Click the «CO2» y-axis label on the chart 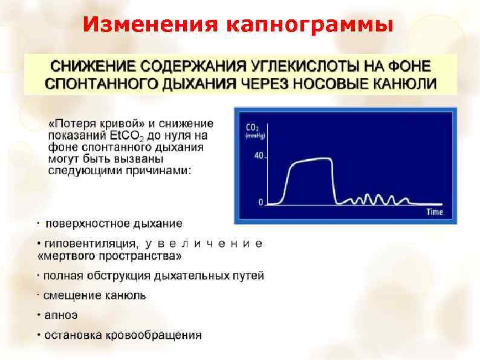[253, 128]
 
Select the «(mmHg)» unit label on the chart [254, 136]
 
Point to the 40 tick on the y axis [259, 155]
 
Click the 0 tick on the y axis [261, 202]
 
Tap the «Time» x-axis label [435, 212]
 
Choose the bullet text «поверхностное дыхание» [114, 224]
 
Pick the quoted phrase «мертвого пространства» [109, 256]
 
